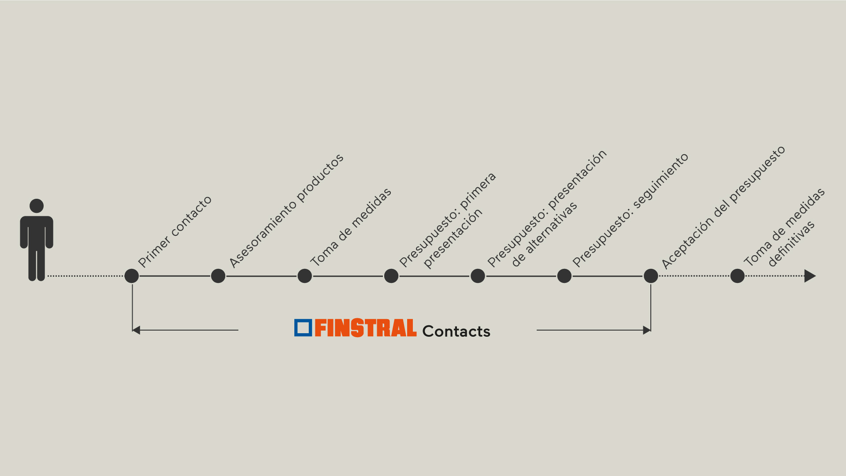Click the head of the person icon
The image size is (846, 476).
37,206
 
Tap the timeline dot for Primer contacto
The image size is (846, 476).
132,276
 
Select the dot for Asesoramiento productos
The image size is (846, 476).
218,276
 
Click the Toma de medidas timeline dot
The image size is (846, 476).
304,276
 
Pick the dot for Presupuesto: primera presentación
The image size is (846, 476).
391,276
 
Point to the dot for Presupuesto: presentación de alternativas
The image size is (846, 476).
478,276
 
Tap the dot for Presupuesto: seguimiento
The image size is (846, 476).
564,276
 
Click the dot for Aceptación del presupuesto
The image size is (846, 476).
651,276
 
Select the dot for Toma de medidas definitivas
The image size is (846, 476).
737,276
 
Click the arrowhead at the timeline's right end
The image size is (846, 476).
810,276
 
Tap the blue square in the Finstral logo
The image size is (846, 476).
303,328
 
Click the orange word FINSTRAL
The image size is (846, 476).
366,328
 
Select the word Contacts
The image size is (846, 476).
456,331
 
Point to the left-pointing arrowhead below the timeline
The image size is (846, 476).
136,330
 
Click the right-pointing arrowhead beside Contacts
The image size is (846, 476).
647,330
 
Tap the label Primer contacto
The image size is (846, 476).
175,231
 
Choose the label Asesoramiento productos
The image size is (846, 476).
286,211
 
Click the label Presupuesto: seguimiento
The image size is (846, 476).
631,210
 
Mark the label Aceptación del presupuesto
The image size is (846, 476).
724,207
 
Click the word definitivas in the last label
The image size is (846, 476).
791,244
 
